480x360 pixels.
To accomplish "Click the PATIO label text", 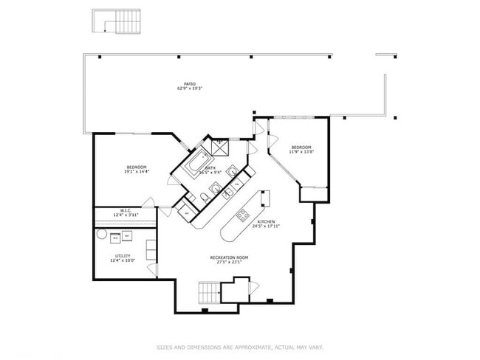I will (x=189, y=85).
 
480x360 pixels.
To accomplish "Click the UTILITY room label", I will (x=123, y=256).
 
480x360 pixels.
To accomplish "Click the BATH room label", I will (x=210, y=168).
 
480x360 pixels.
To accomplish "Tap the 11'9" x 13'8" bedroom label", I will (x=302, y=148).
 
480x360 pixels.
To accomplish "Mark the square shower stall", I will (x=220, y=146).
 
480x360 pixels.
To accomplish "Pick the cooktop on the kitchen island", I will (x=241, y=215).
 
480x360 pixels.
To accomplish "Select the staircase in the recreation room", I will (x=210, y=292).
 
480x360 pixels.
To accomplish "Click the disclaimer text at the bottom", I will (x=239, y=347).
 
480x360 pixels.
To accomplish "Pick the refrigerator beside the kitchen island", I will (x=264, y=198).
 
